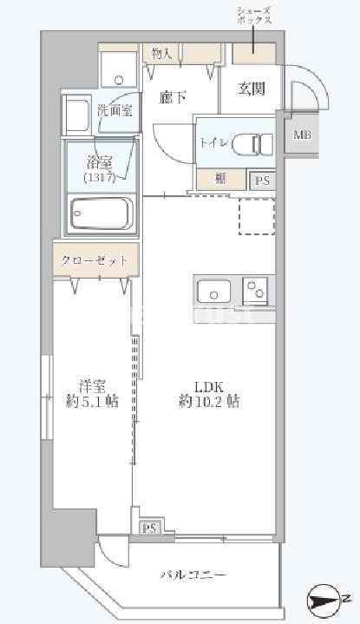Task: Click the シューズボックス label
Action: [252, 14]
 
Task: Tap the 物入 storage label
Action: [161, 54]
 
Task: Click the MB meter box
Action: [301, 135]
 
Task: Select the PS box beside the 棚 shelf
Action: [262, 181]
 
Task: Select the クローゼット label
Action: [95, 260]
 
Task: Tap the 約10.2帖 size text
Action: [209, 401]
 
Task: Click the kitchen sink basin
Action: [213, 289]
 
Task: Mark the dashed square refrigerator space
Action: [257, 216]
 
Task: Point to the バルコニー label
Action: [193, 575]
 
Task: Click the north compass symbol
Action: [324, 599]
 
